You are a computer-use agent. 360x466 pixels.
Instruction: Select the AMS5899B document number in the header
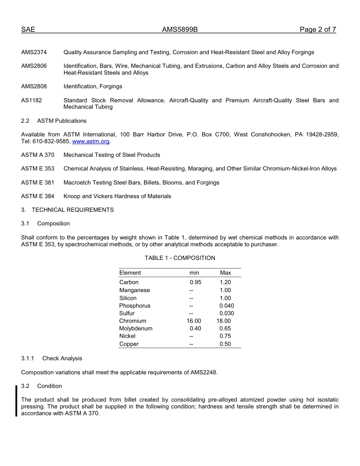tap(180, 30)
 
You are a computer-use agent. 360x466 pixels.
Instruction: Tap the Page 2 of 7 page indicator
tap(318, 30)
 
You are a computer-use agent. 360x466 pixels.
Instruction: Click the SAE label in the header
tap(28, 30)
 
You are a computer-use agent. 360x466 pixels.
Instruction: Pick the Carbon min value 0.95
tap(196, 282)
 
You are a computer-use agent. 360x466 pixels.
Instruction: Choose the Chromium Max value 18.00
tap(224, 321)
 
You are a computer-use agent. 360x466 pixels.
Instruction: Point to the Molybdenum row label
tap(136, 328)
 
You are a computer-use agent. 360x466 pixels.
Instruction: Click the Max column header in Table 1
tap(225, 273)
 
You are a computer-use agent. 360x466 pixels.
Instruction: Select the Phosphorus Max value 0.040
tap(227, 306)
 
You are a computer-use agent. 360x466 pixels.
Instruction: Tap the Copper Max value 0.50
tap(225, 344)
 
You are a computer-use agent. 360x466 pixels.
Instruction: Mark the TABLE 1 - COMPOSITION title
tap(180, 258)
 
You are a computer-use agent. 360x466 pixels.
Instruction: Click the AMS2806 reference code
tap(34, 66)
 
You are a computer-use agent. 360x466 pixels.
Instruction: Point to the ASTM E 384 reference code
tap(38, 196)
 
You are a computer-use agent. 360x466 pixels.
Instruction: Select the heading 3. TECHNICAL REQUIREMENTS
tap(67, 210)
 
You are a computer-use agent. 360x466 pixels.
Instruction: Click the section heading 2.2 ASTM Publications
tap(54, 121)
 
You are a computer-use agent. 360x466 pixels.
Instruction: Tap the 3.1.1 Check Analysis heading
tap(52, 358)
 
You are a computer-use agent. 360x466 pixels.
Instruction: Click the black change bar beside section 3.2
tap(16, 401)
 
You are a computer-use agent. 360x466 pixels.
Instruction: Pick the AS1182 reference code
tap(31, 100)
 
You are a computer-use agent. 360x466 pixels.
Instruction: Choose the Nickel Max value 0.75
tap(225, 336)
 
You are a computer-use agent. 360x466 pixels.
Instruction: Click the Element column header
tap(130, 273)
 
